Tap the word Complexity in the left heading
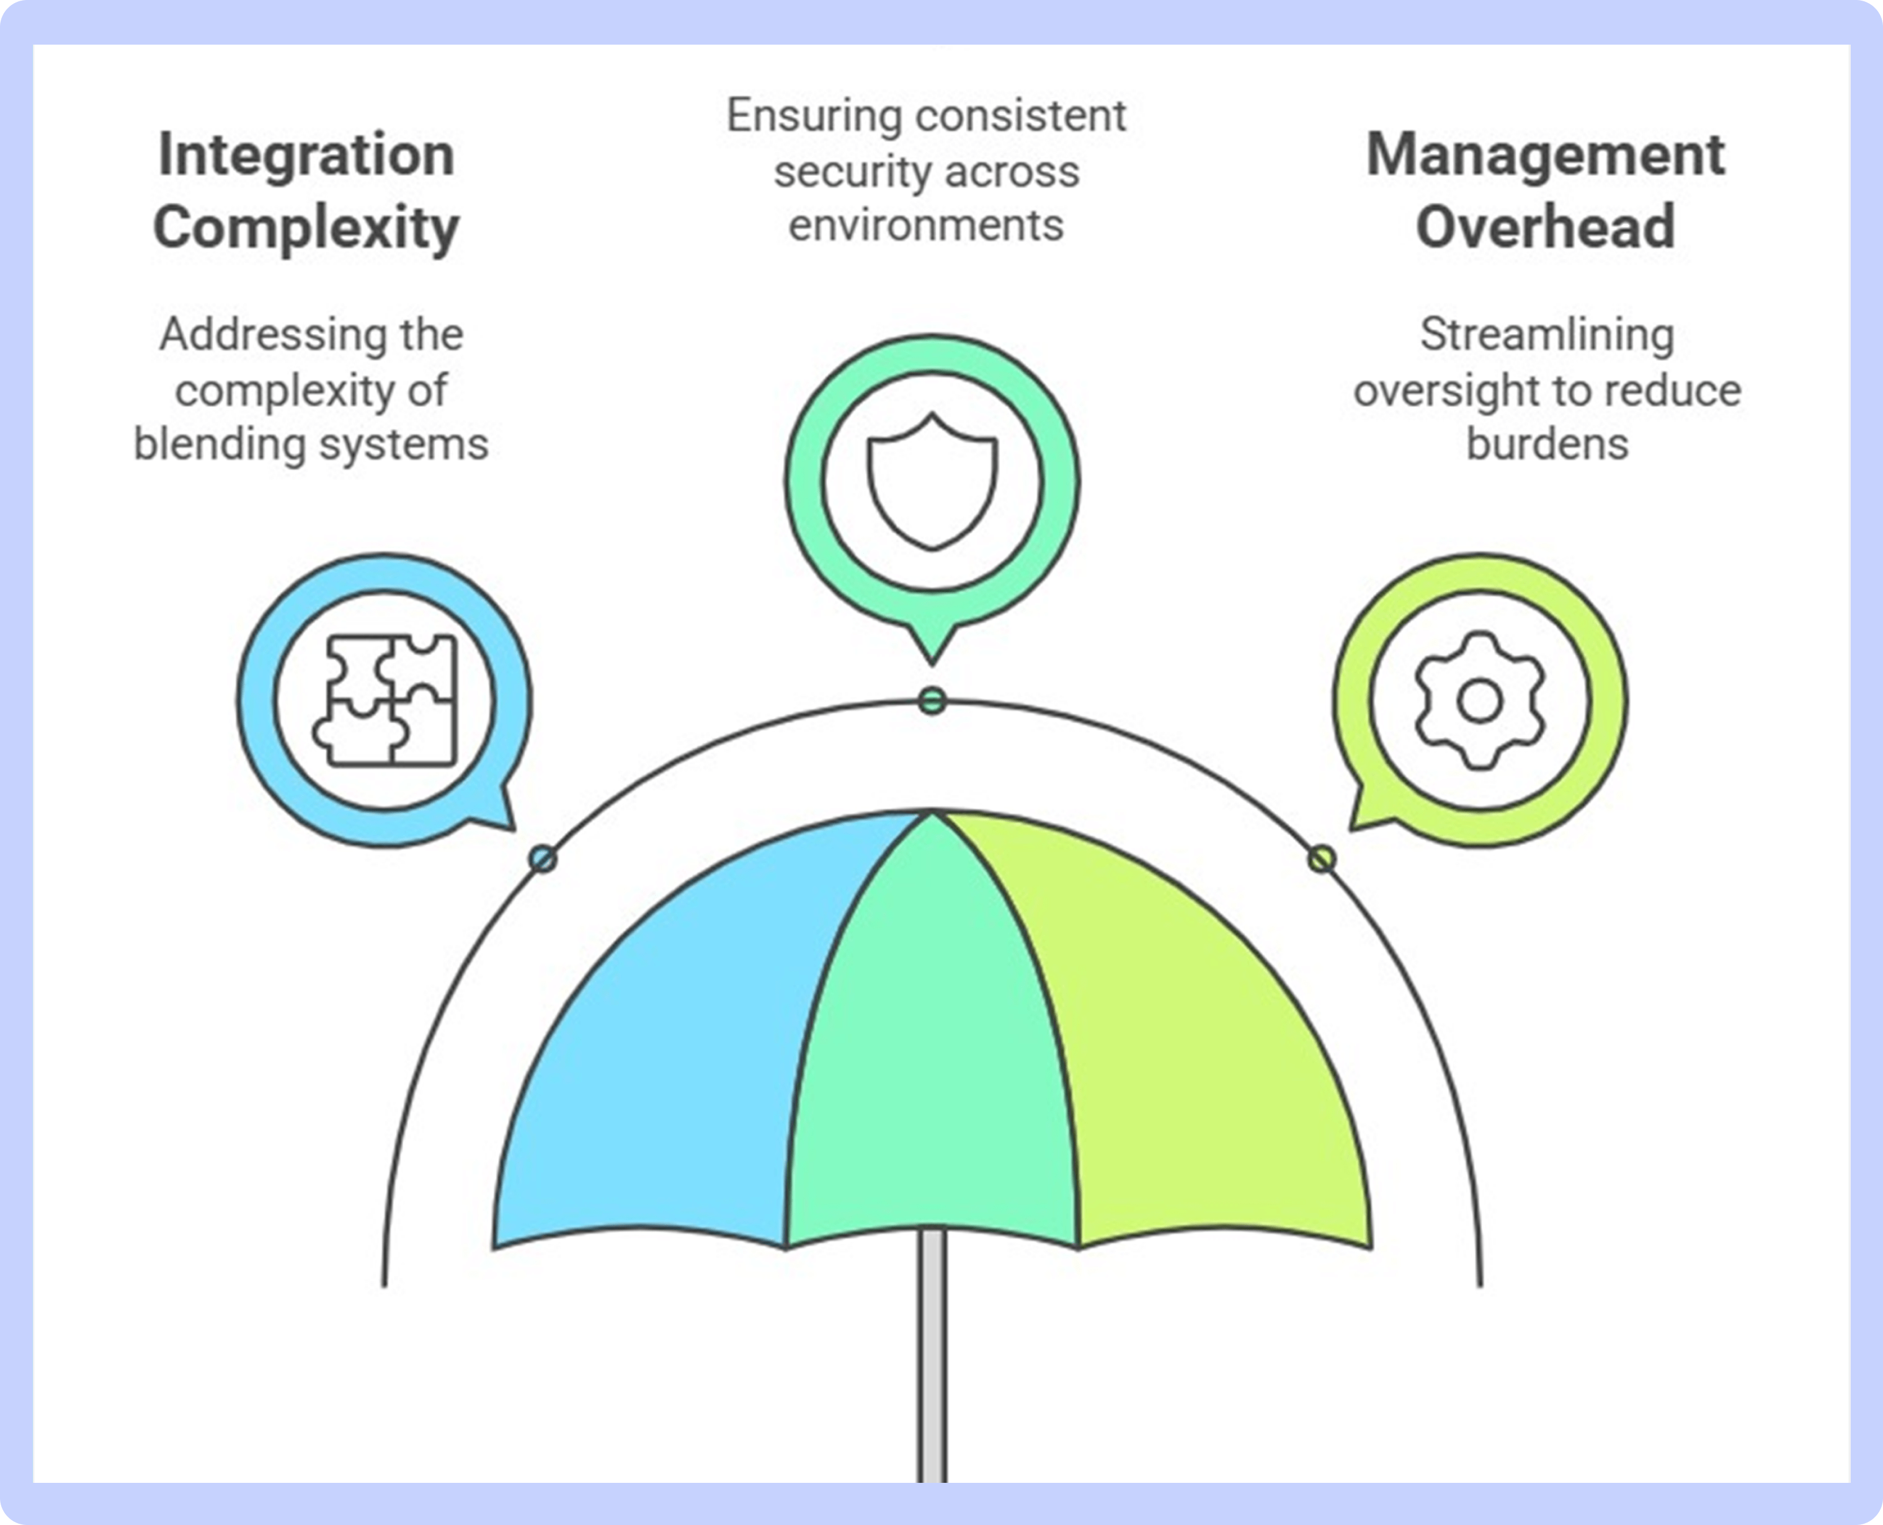tap(306, 228)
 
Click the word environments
tap(926, 226)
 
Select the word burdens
tap(1547, 444)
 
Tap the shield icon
tap(932, 482)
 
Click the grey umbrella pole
tap(932, 1357)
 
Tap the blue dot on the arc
tap(543, 858)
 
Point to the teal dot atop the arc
tap(932, 701)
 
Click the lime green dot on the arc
tap(1322, 858)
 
